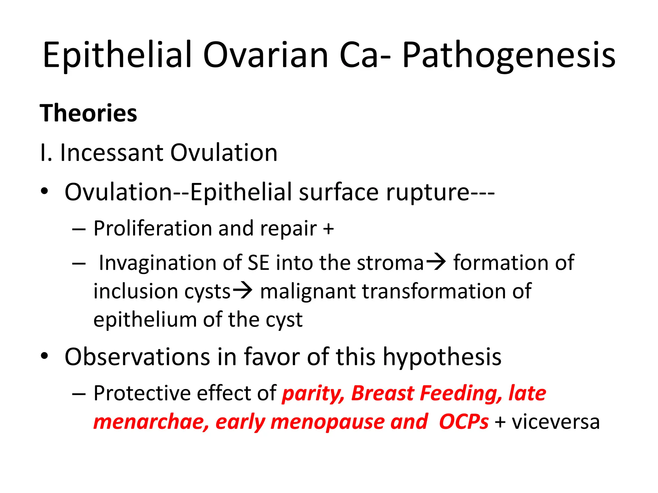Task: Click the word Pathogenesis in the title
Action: (509, 55)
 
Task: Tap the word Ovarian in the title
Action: (265, 55)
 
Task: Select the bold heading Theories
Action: (88, 113)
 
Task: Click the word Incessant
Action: (111, 153)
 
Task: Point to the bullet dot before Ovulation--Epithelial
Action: (44, 192)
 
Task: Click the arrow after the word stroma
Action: (436, 262)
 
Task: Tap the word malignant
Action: (308, 291)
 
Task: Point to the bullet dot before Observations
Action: (44, 356)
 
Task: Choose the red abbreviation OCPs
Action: (463, 422)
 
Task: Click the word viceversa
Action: (556, 422)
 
